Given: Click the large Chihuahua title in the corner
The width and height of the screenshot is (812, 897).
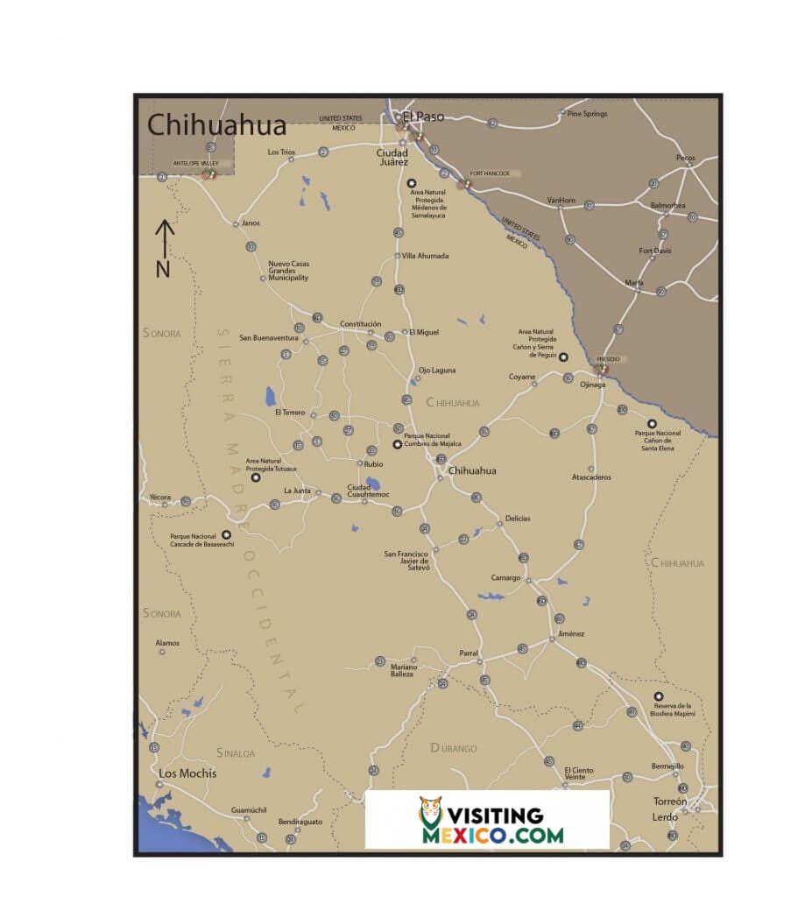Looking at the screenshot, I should pos(216,124).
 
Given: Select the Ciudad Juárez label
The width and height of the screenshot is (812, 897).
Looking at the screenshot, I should pos(392,158).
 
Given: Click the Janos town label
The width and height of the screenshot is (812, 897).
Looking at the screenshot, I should pos(251,222).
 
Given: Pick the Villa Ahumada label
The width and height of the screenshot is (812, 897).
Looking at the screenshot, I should pos(426,256).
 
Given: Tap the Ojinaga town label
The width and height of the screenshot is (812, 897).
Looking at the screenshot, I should pos(593,384).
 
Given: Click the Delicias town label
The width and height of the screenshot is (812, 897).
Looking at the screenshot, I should pos(517,519).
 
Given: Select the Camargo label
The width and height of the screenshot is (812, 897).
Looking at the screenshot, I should pos(505,578).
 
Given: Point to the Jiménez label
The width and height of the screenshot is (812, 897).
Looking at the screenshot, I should pos(570,633).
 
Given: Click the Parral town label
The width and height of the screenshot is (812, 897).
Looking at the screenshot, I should pos(470,653).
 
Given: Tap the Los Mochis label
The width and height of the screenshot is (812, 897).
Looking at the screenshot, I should pos(187,773).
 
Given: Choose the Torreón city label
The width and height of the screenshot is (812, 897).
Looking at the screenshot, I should pos(670,802).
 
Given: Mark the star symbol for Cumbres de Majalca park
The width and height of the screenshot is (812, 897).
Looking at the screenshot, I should pos(397,445).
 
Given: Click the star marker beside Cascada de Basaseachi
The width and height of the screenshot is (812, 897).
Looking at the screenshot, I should pos(227,534).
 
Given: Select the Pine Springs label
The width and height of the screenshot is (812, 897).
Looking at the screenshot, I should pos(587,114).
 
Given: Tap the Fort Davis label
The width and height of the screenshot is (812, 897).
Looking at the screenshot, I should pos(655,251).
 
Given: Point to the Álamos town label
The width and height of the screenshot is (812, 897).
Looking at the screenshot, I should pos(167,643).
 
